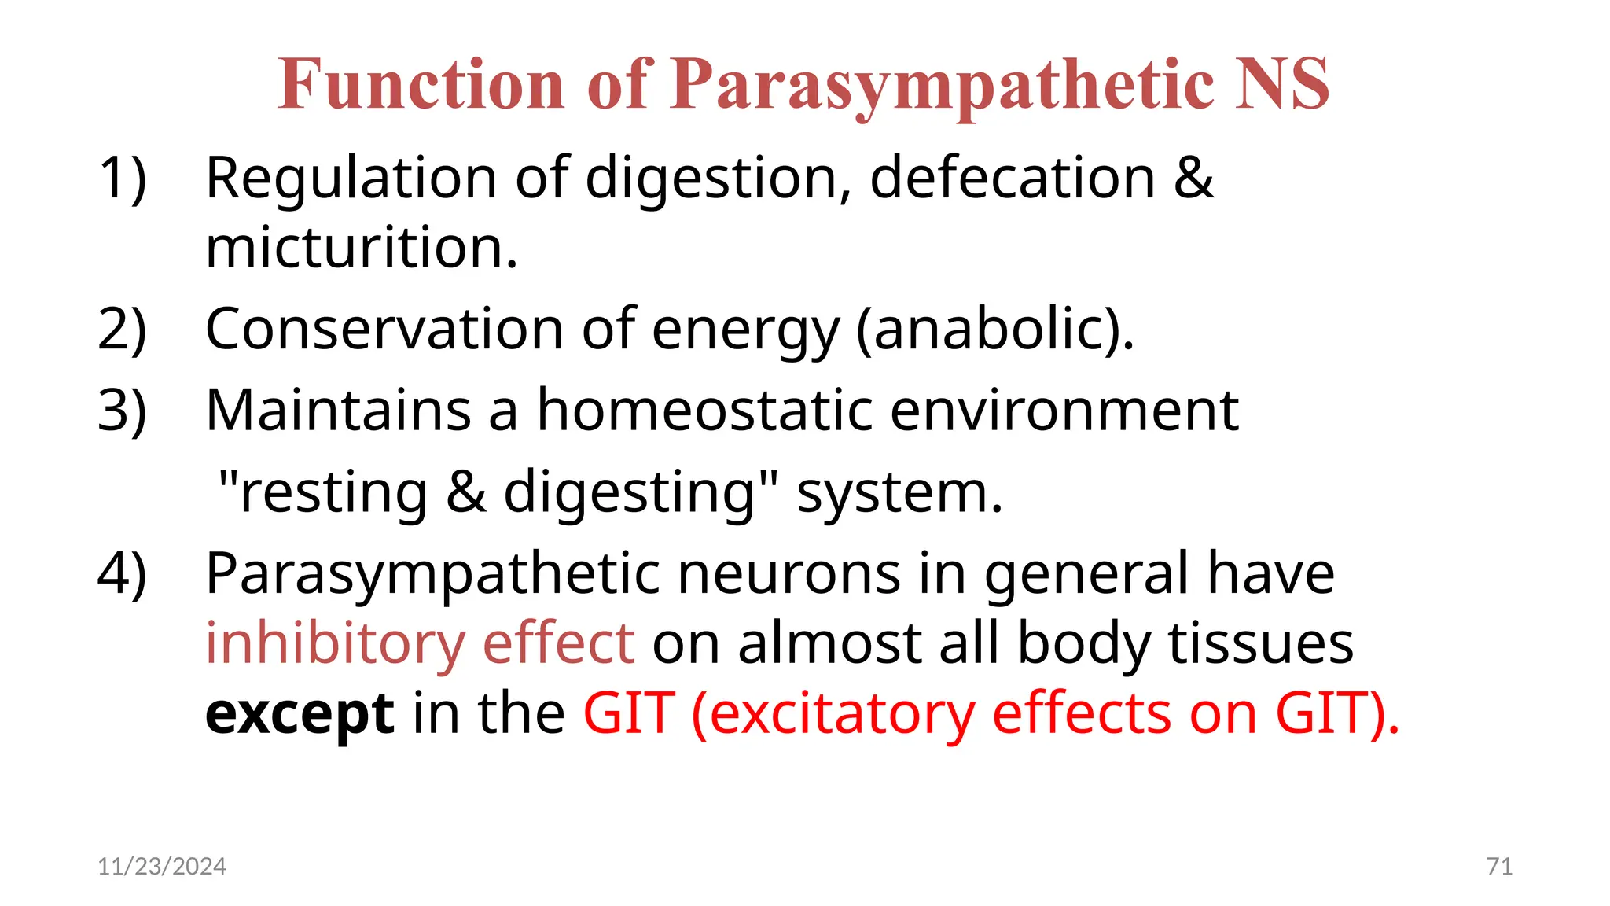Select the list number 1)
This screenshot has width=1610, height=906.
coord(122,178)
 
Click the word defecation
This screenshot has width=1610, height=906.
coord(1013,178)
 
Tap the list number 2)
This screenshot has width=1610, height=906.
coord(122,329)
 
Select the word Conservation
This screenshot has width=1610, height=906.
coord(384,329)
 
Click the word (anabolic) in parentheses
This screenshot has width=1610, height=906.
coord(994,329)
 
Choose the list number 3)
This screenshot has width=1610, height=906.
coord(122,411)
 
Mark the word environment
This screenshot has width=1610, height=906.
coord(1064,411)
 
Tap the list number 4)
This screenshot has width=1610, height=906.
coord(122,573)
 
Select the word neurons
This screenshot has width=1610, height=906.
coord(788,573)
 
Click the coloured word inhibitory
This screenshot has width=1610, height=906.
coord(335,643)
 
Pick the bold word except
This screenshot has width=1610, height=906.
coord(300,714)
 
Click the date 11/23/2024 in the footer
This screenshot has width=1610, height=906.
coord(162,866)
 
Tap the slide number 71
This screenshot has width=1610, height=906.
coord(1499,866)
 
